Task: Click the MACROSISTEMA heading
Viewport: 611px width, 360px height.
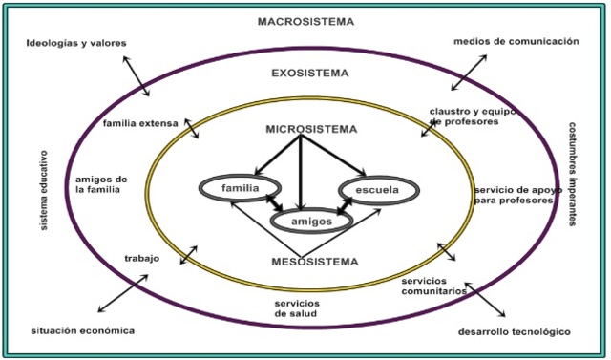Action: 305,21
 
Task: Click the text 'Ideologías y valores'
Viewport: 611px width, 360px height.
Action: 76,43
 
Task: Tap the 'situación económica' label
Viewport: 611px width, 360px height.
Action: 81,330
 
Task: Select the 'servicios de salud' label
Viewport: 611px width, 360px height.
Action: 298,308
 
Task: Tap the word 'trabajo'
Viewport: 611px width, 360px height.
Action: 141,258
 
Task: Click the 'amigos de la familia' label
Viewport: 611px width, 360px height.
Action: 100,184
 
